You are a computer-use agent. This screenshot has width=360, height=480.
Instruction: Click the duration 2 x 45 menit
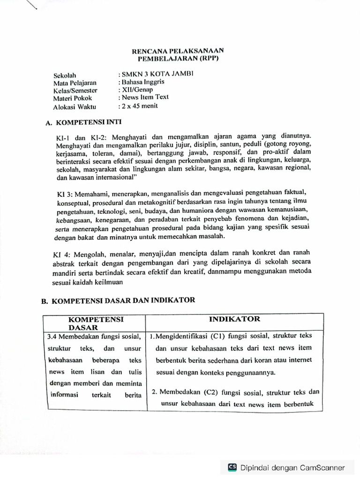pyautogui.click(x=140, y=105)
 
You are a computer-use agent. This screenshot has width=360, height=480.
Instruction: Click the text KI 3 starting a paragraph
pyautogui.click(x=64, y=193)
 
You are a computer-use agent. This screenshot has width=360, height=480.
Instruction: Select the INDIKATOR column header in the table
pyautogui.click(x=234, y=319)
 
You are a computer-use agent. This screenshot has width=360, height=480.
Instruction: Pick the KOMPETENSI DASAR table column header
pyautogui.click(x=96, y=323)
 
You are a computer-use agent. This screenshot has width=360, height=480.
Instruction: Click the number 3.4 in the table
pyautogui.click(x=52, y=337)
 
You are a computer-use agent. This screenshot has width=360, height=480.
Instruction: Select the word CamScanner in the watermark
pyautogui.click(x=322, y=467)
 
